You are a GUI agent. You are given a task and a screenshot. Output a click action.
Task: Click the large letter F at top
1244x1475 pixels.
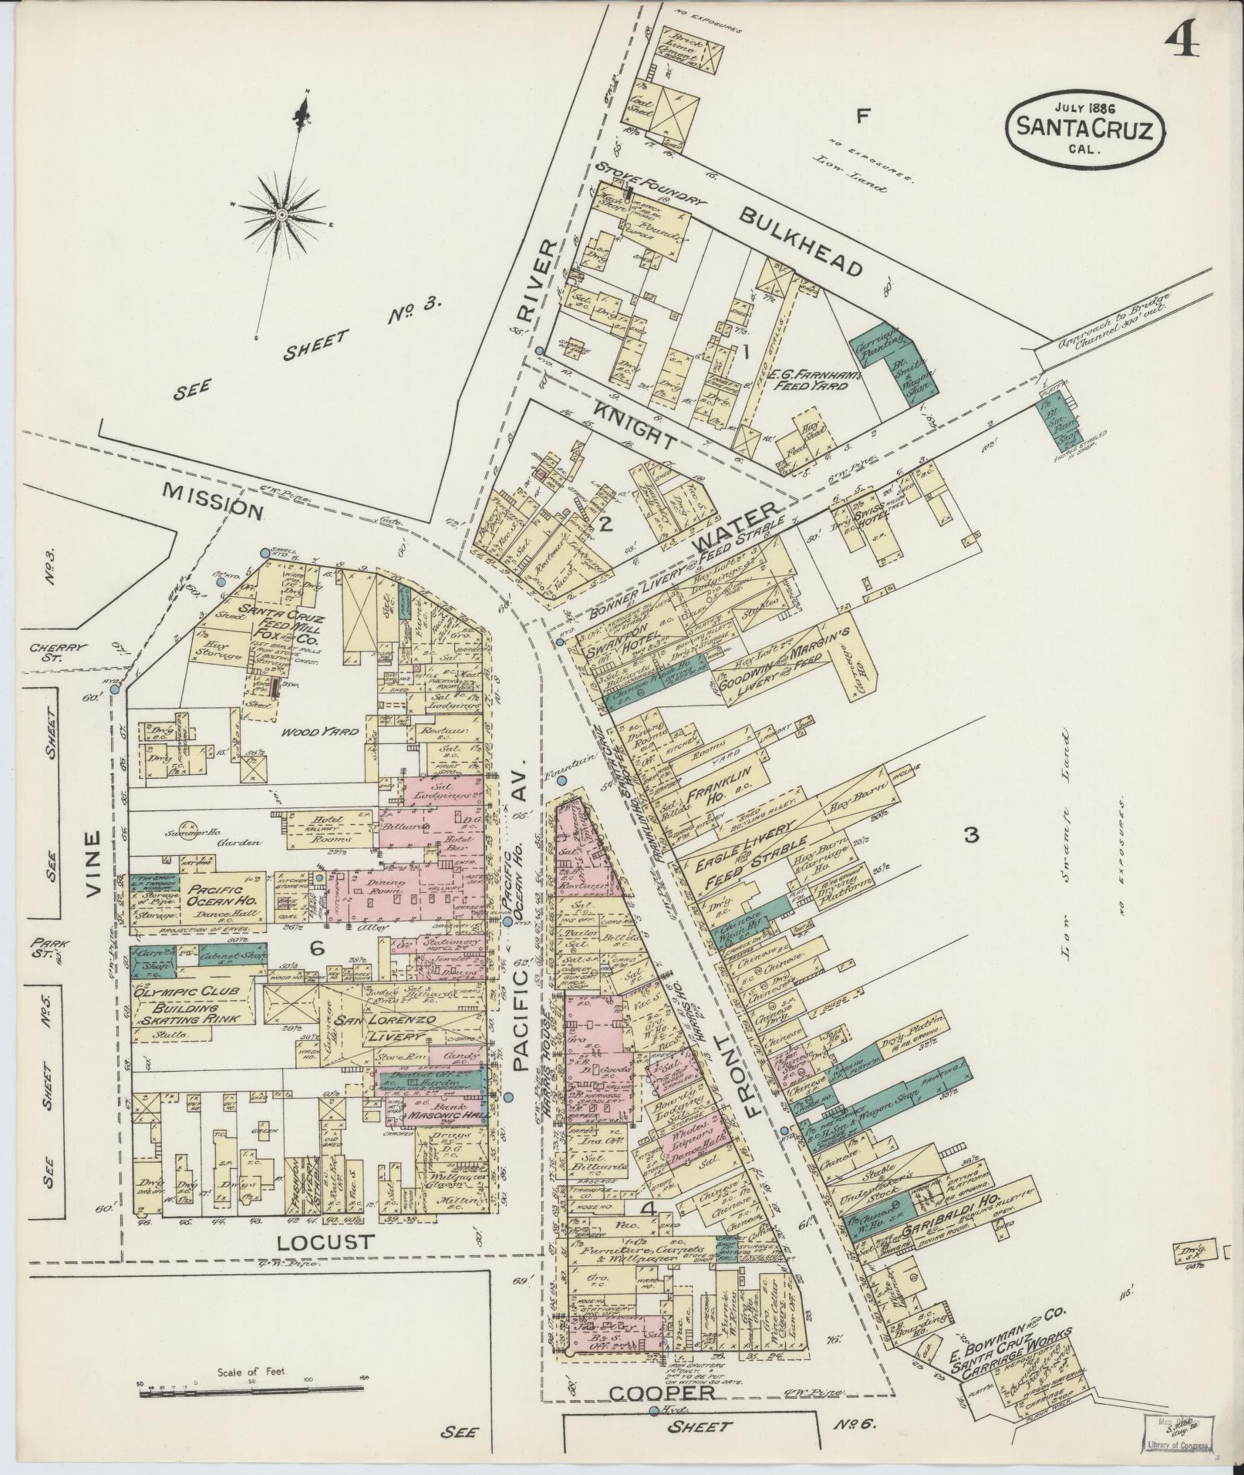[x=863, y=116]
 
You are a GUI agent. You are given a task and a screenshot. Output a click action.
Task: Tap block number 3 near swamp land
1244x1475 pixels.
[x=971, y=834]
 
